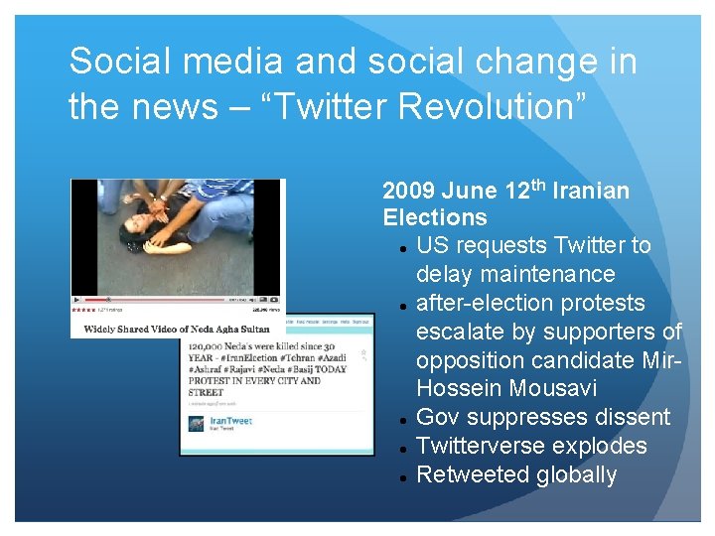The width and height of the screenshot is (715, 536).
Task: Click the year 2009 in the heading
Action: [x=409, y=191]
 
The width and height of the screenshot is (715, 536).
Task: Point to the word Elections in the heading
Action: [x=435, y=217]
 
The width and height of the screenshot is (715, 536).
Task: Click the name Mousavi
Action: [x=559, y=388]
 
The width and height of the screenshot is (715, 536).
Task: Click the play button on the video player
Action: [x=77, y=299]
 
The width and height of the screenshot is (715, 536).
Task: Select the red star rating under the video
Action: [x=82, y=310]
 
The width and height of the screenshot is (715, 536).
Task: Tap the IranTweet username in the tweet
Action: [x=230, y=421]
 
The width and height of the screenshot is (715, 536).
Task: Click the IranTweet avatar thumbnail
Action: [x=197, y=424]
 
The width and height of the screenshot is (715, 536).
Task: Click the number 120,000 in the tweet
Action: [x=210, y=344]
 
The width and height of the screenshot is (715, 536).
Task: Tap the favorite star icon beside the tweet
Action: [x=363, y=354]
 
